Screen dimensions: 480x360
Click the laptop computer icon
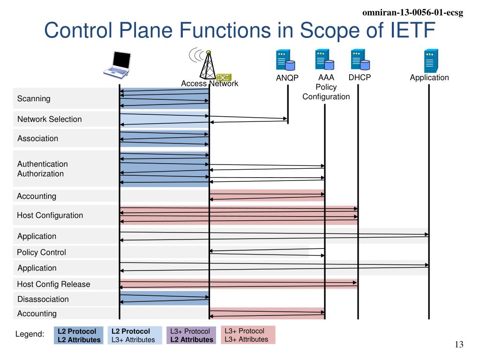[118, 65]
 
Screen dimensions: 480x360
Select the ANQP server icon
[285, 60]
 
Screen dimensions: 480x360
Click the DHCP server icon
[360, 60]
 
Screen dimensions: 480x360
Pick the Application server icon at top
[431, 60]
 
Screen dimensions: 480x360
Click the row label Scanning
[34, 98]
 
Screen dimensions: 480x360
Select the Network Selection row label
[50, 119]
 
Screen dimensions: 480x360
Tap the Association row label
[37, 138]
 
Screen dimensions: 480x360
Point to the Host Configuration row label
[50, 215]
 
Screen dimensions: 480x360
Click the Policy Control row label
[41, 252]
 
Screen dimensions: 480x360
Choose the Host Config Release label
[53, 284]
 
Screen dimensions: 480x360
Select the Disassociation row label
[43, 299]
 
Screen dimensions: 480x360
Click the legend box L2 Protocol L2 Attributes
[79, 336]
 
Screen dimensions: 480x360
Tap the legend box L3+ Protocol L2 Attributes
[191, 336]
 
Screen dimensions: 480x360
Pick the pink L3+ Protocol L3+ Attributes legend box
[248, 335]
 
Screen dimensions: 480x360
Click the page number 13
[459, 345]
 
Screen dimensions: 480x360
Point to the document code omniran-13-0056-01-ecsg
[412, 13]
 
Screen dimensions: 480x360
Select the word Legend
[30, 334]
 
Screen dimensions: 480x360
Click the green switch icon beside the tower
[224, 77]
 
